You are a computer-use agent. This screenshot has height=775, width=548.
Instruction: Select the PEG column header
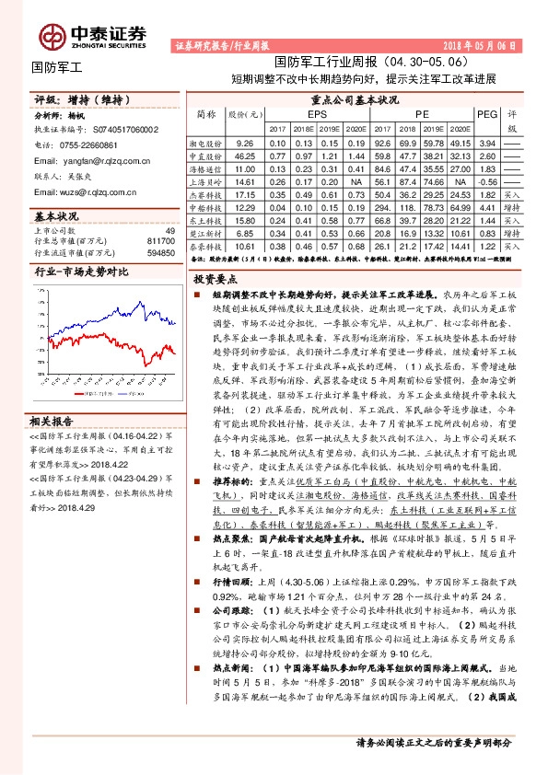[x=488, y=113]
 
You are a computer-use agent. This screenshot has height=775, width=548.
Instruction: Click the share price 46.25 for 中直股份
[x=244, y=156]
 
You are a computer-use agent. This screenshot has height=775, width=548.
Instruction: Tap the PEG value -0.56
[x=488, y=182]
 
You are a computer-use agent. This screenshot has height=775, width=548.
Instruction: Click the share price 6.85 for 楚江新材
[x=244, y=234]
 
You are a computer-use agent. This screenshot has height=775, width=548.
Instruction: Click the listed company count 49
[x=169, y=230]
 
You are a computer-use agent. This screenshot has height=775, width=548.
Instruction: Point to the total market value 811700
[x=162, y=240]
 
